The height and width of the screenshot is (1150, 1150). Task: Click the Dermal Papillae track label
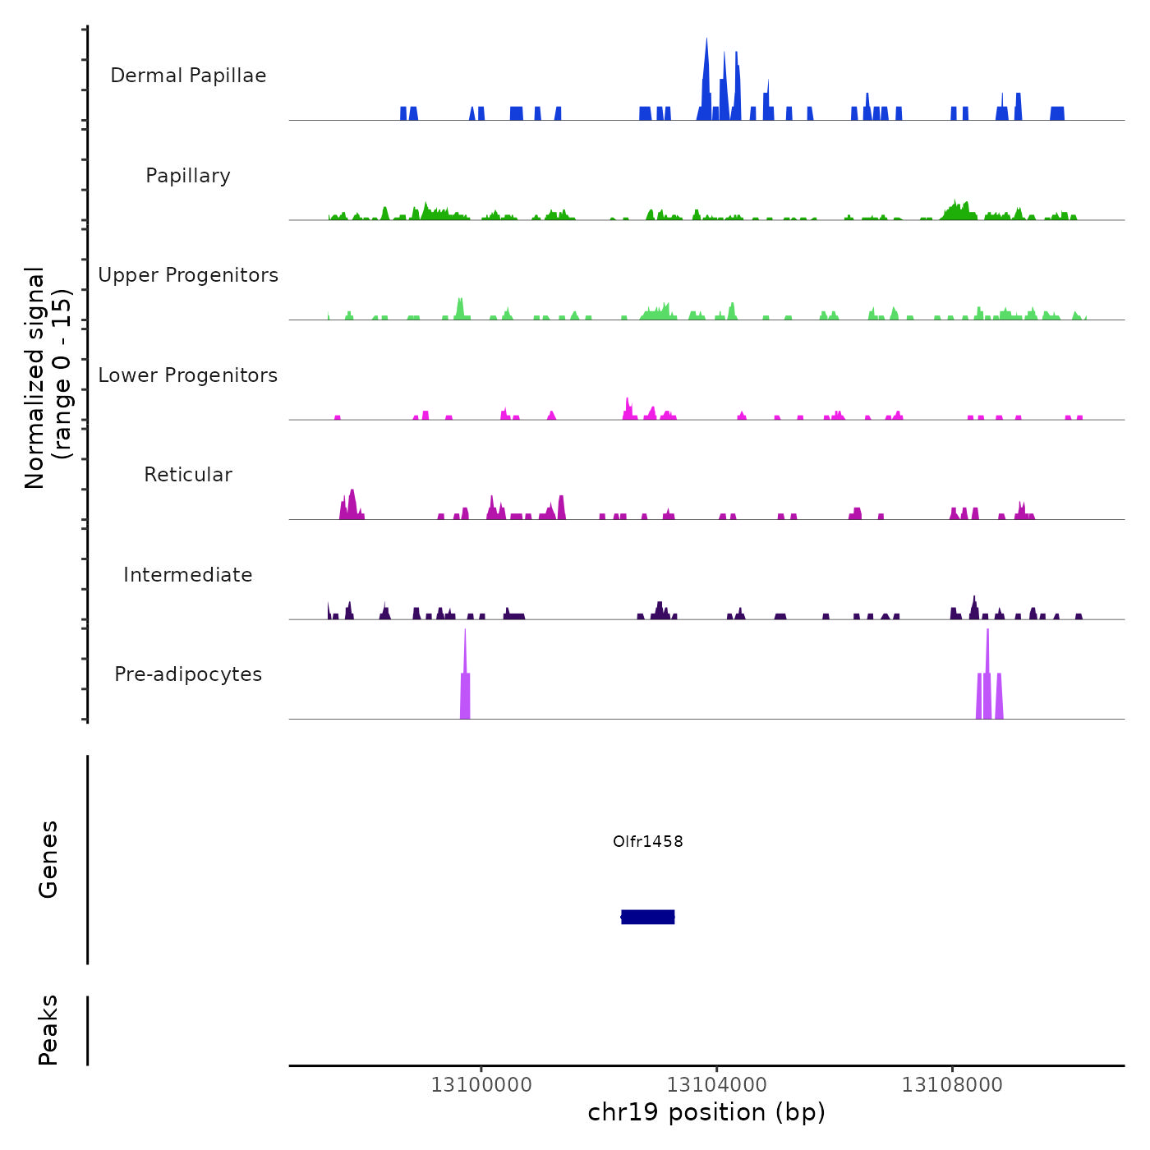point(188,76)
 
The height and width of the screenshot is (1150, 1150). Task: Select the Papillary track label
point(188,176)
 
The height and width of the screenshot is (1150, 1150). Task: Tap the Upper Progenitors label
point(188,275)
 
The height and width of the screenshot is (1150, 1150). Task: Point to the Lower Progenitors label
point(188,375)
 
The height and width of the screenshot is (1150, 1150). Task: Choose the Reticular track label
point(188,475)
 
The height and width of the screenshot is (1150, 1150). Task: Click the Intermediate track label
point(188,575)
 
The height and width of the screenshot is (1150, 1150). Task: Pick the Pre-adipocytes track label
point(188,674)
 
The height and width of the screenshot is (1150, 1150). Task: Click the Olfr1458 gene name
point(648,841)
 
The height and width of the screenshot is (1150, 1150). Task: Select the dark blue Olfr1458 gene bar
point(648,917)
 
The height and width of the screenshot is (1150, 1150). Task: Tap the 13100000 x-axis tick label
point(481,1085)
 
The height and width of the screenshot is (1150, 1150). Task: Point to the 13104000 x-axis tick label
point(717,1085)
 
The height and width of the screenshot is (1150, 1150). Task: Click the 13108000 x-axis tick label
point(952,1085)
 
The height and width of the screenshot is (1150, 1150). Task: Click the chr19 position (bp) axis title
point(706,1113)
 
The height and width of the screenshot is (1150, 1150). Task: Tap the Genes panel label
point(48,859)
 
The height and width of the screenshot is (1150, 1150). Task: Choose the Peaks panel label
point(48,1030)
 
